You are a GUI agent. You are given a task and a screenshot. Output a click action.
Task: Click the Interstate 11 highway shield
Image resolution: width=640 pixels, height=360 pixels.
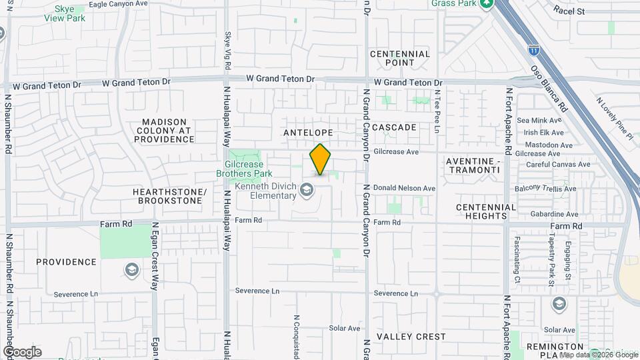point(533,49)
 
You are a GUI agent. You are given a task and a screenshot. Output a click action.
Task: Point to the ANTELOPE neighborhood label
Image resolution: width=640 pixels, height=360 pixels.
point(307,133)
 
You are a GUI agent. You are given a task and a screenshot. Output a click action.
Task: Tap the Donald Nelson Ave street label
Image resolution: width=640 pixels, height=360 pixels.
point(404,189)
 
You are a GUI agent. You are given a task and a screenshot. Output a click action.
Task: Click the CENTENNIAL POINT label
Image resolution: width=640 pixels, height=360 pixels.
point(399,58)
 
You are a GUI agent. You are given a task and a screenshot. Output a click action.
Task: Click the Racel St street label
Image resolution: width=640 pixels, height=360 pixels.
point(569,11)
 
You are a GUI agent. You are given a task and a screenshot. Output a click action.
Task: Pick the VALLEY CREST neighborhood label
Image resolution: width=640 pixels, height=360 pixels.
point(411,337)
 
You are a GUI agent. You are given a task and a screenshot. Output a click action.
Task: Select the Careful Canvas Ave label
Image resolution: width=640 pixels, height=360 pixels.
point(558,164)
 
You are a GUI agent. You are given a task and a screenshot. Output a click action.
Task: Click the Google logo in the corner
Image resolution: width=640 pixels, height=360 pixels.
point(22,352)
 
